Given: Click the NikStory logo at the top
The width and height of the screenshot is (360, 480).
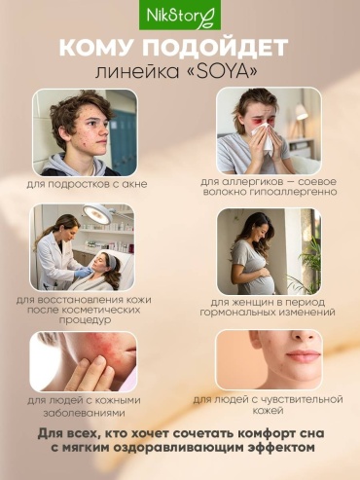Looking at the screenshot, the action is click(180, 15).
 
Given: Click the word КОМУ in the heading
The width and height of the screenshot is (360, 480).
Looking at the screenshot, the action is click(96, 48).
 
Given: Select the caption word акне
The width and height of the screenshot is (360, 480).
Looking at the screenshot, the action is click(134, 184).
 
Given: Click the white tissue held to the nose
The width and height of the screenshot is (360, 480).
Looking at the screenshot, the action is click(267, 137).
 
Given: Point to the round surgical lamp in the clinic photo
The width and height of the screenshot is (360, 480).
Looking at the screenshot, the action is click(96, 214).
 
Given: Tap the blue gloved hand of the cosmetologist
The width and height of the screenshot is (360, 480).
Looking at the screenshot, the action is click(84, 272).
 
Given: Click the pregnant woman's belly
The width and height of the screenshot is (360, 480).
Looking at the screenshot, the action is click(265, 278).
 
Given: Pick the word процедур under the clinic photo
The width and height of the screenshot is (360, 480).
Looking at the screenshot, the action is click(85, 320).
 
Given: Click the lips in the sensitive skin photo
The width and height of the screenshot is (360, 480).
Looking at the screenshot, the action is click(304, 355).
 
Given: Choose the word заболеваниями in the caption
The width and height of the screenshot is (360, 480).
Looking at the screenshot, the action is click(85, 414).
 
